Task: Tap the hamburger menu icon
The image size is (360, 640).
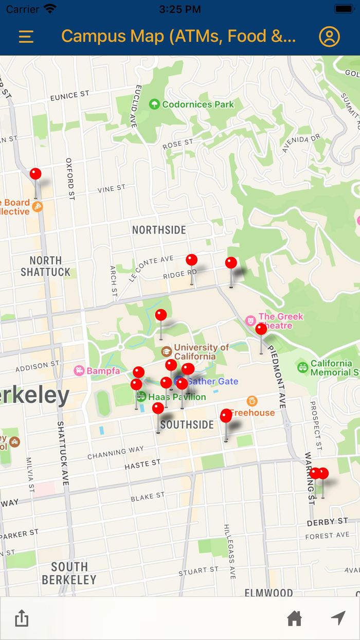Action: [26, 37]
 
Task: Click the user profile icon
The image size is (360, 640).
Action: [329, 37]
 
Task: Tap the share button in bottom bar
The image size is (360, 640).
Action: [22, 618]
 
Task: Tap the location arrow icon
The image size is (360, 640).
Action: [338, 618]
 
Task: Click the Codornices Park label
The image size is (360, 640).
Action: [197, 104]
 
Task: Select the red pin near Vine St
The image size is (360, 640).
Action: [35, 174]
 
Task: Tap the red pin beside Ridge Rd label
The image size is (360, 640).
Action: [192, 260]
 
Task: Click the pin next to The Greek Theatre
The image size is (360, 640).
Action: [261, 329]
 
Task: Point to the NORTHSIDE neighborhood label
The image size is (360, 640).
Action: [159, 230]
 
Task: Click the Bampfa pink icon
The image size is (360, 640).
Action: [79, 370]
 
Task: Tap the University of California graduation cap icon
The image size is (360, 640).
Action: [167, 351]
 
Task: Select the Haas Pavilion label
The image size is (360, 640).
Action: [176, 397]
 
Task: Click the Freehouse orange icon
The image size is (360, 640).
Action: [252, 401]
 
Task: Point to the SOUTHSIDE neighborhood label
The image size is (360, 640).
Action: [187, 425]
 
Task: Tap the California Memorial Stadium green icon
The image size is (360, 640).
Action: [303, 367]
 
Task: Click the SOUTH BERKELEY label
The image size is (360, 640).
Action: [69, 573]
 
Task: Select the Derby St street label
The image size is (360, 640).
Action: [328, 522]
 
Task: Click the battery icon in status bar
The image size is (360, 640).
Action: [344, 9]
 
